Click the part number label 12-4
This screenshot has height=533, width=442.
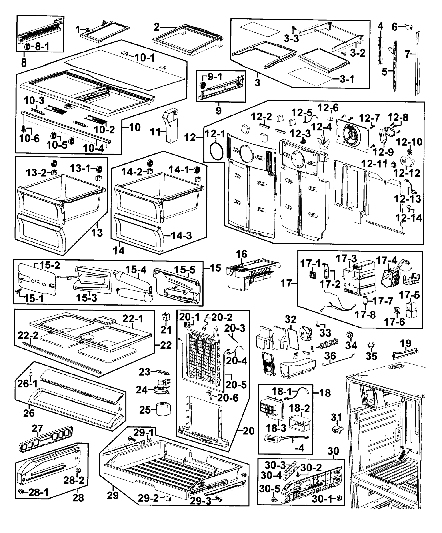(322, 127)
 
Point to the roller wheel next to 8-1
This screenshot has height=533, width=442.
(27, 47)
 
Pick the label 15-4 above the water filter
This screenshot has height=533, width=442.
(136, 270)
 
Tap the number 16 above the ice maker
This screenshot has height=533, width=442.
(241, 254)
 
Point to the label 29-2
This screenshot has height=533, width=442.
(148, 498)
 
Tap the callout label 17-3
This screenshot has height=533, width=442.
(346, 259)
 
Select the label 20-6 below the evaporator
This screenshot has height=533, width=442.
(228, 398)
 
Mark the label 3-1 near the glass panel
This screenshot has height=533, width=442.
(347, 79)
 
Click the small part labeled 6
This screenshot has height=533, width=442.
(409, 27)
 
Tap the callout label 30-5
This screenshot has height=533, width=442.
(270, 489)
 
